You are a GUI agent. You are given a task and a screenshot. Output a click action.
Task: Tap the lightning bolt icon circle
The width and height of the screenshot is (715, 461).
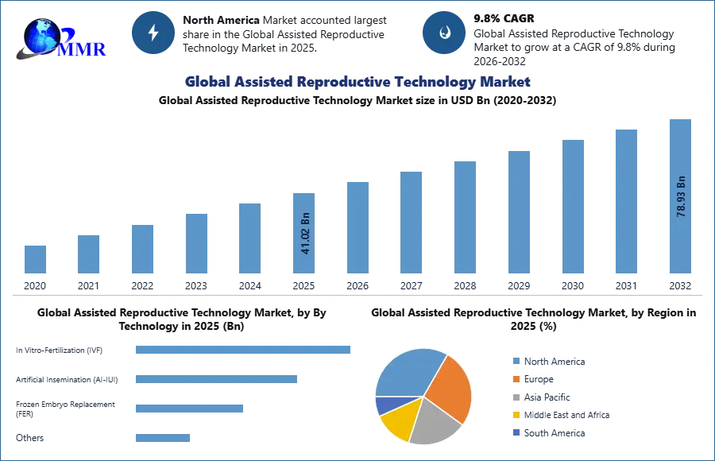click(x=153, y=33)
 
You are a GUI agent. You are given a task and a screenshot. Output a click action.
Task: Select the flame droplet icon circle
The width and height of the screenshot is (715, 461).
click(x=444, y=33)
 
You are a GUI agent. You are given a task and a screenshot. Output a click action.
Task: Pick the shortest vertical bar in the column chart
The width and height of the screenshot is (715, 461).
click(x=35, y=258)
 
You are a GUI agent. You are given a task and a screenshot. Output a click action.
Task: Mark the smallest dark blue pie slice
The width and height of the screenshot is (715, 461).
click(x=385, y=405)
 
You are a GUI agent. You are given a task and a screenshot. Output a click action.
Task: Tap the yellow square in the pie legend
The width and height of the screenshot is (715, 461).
click(x=515, y=414)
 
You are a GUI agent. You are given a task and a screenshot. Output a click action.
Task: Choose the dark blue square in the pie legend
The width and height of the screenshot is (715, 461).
click(x=515, y=433)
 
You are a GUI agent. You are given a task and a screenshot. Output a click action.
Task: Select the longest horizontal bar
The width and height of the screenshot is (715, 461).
click(x=244, y=350)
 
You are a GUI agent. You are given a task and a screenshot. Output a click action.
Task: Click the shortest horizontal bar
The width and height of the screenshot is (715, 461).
click(x=162, y=438)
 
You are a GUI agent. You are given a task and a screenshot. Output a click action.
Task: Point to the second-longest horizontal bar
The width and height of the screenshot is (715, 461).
click(x=215, y=382)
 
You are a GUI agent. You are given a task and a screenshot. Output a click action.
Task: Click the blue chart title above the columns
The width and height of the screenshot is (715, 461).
click(x=357, y=82)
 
